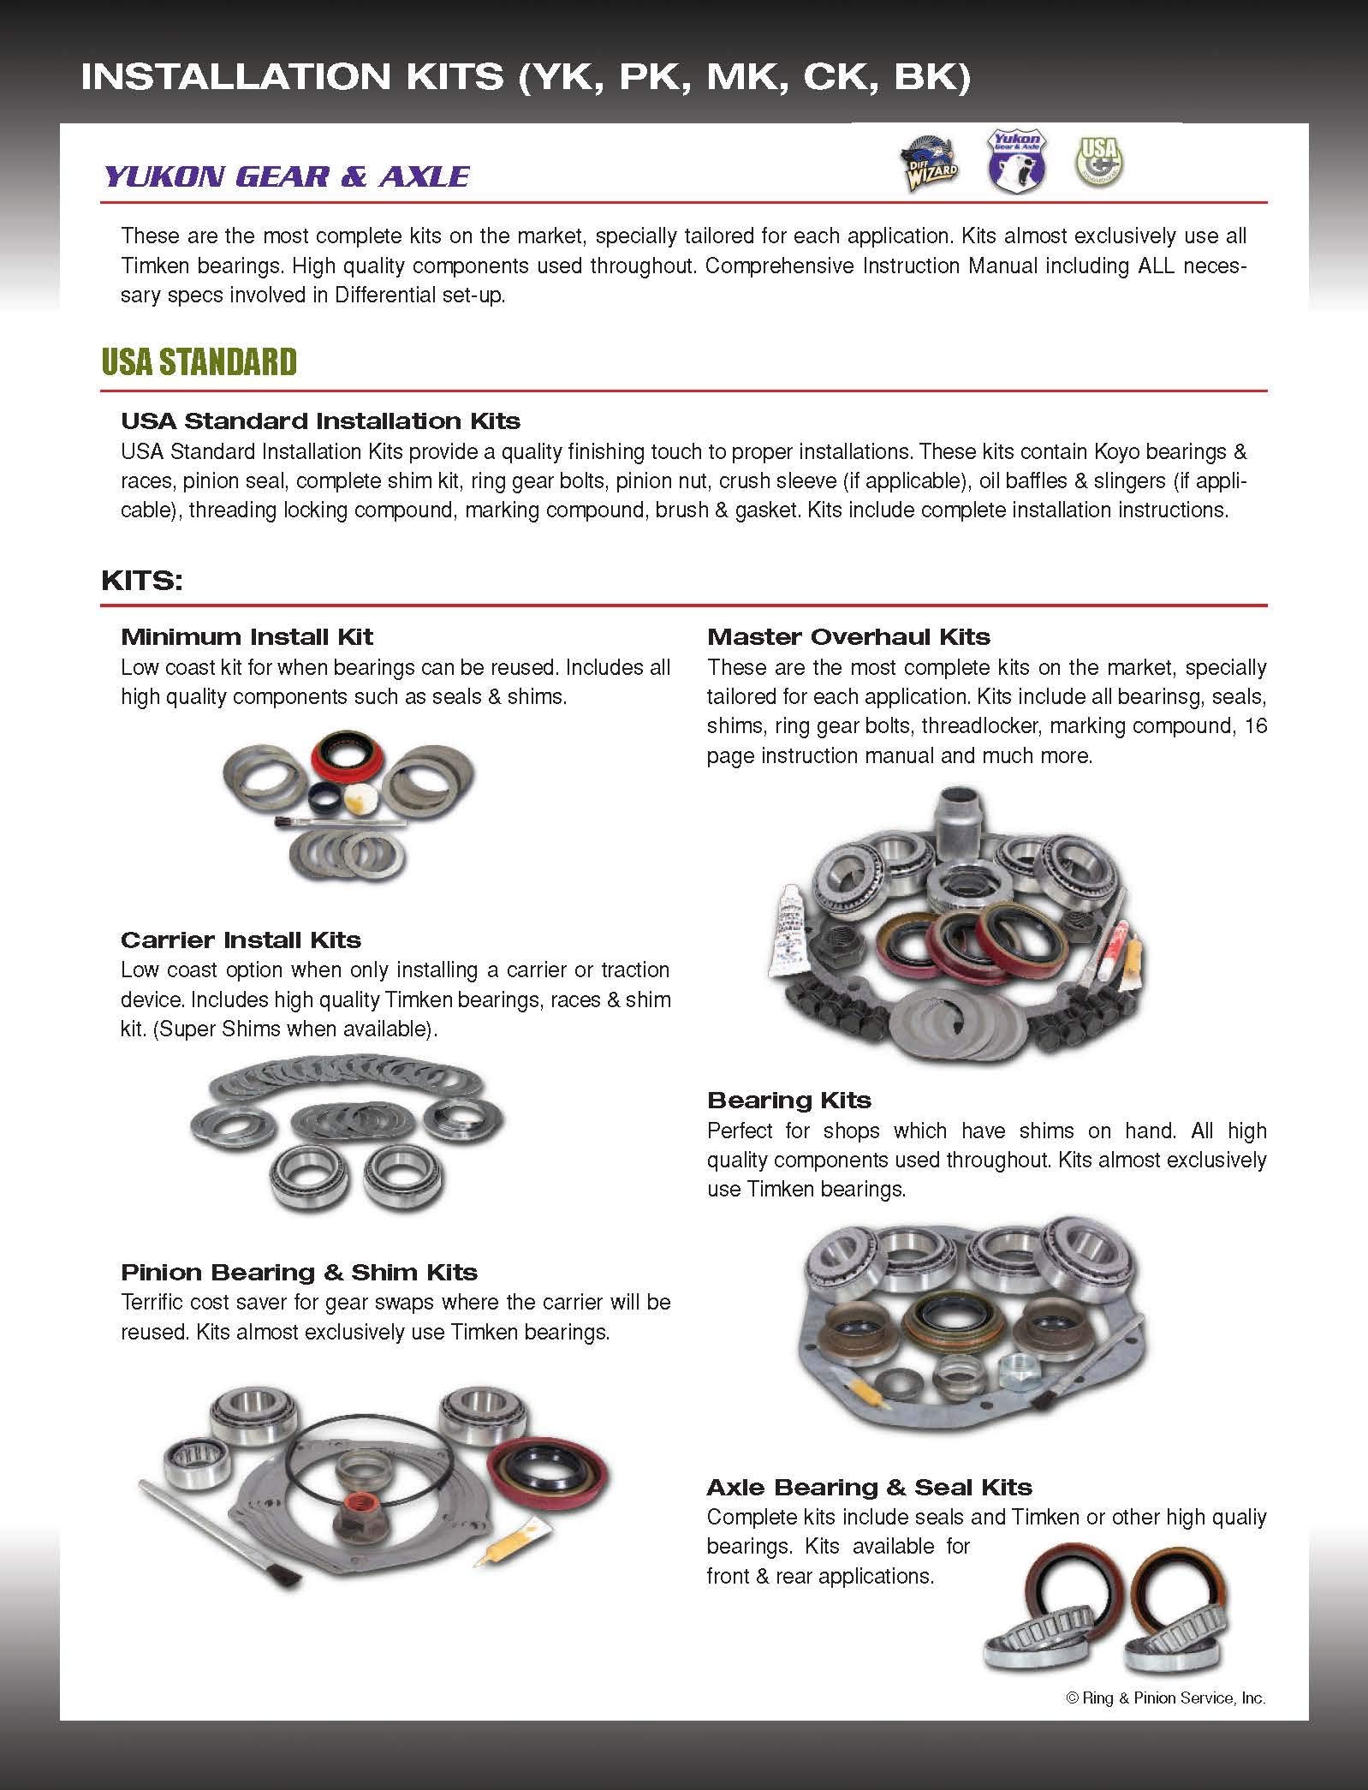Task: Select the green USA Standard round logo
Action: pos(1100,160)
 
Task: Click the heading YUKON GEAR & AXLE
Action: pos(286,176)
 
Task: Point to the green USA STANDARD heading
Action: pos(199,362)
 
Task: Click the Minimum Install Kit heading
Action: pos(247,636)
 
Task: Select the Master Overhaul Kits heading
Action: pos(848,636)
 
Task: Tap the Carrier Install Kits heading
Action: pos(241,940)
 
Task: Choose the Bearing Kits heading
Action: pos(788,1100)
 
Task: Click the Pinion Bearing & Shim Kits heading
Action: pos(299,1272)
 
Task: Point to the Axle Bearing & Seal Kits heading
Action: pos(869,1487)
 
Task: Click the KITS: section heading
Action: pos(142,581)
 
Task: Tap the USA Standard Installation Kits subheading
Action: pos(320,421)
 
